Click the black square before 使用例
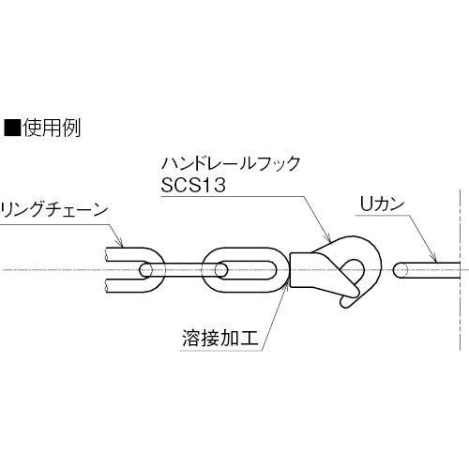(x=11, y=128)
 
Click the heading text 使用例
(x=52, y=128)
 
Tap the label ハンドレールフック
(x=231, y=163)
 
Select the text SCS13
(x=193, y=185)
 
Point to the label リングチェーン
(x=53, y=210)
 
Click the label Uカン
(x=382, y=204)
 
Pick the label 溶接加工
(x=220, y=339)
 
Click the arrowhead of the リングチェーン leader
(x=120, y=242)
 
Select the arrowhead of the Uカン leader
(x=432, y=256)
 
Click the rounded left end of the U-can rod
(x=397, y=270)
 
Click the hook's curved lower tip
(x=345, y=303)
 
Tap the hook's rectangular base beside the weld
(x=300, y=270)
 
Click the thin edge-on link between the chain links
(x=184, y=270)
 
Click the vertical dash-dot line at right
(x=460, y=270)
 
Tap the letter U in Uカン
(x=366, y=204)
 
